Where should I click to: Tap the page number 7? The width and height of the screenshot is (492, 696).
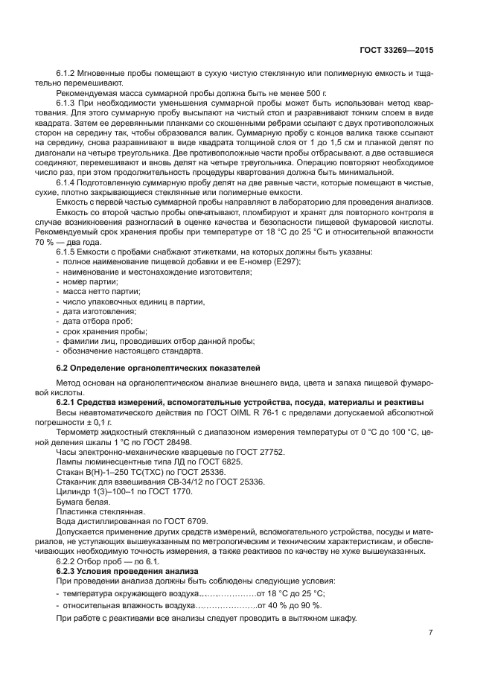click(430, 632)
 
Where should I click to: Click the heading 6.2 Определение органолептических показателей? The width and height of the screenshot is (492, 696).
click(159, 368)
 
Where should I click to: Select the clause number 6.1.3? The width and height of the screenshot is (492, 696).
click(68, 102)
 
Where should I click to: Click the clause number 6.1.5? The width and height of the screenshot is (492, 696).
click(68, 253)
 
